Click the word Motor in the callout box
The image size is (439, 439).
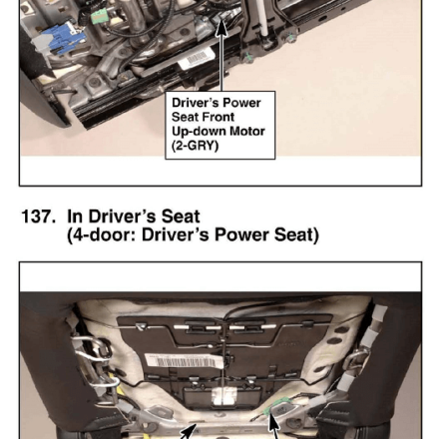[x=247, y=131]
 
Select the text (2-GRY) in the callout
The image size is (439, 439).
[x=196, y=146]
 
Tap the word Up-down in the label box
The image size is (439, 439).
[x=199, y=132]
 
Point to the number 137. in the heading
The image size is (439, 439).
[x=38, y=217]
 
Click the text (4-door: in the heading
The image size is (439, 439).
[x=102, y=234]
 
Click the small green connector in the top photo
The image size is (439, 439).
[x=98, y=17]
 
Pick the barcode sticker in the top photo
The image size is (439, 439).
[x=196, y=59]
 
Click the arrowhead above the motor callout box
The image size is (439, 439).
[x=221, y=28]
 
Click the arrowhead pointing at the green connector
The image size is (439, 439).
[x=273, y=422]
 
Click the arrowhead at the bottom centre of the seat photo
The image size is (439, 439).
[x=189, y=432]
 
